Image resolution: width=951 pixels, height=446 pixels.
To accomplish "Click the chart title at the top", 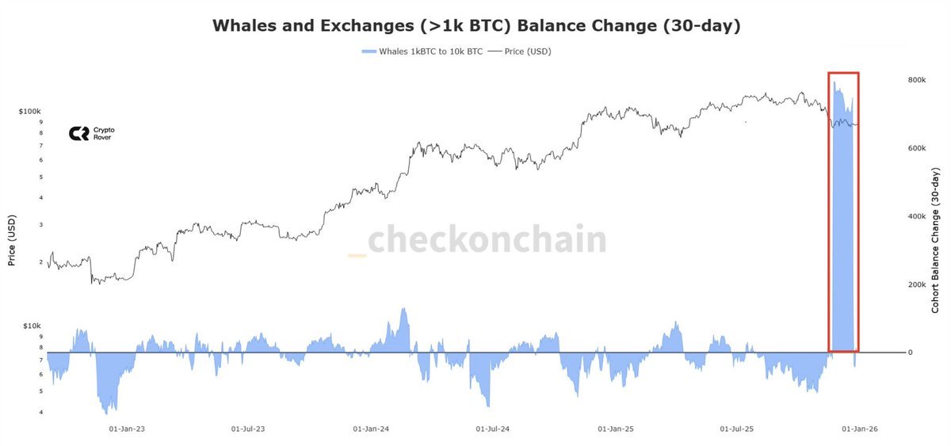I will (x=476, y=25).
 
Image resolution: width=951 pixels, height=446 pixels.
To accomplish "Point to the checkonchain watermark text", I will (x=487, y=240).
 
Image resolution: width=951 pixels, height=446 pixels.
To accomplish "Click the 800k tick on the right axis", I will (x=916, y=80).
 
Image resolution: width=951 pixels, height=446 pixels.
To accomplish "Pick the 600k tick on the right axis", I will (x=916, y=148).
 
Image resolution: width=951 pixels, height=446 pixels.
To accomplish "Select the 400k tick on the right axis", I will (x=916, y=216).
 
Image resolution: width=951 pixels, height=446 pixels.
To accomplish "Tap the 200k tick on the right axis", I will (x=916, y=284).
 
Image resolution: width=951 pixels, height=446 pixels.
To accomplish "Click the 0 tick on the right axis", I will (x=911, y=353).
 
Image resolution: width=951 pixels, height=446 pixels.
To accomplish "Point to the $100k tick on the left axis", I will (x=29, y=112).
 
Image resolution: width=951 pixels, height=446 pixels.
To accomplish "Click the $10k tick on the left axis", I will (x=32, y=326).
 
